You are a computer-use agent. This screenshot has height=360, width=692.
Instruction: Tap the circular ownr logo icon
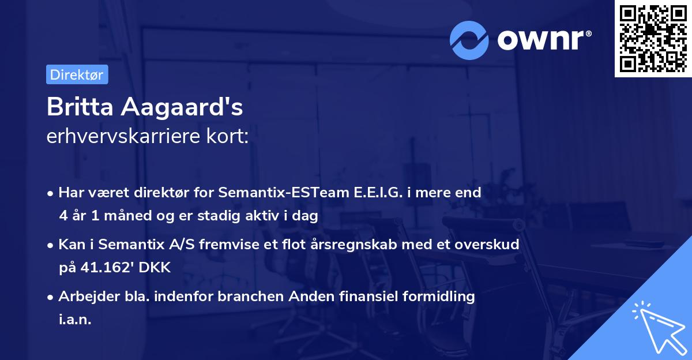point(469,40)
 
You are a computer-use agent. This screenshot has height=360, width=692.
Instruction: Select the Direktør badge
point(77,74)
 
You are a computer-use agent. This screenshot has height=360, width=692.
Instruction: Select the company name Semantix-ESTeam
point(270,193)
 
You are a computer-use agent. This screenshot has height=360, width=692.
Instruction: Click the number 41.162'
point(100,268)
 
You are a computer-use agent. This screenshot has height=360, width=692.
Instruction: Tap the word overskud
point(489,245)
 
